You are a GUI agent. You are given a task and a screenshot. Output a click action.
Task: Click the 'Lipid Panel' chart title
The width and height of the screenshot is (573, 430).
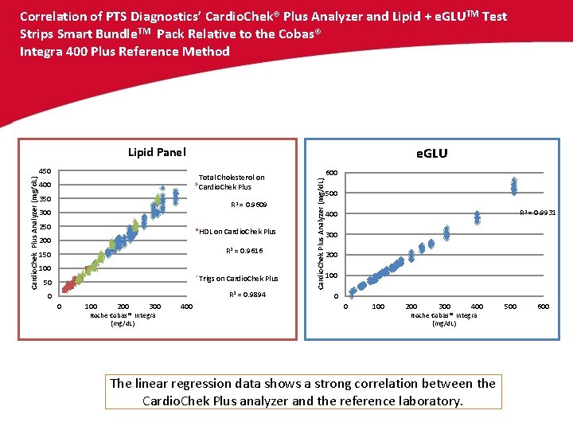pyautogui.click(x=157, y=152)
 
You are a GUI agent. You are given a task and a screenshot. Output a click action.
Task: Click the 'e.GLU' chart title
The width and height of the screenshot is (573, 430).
pyautogui.click(x=432, y=153)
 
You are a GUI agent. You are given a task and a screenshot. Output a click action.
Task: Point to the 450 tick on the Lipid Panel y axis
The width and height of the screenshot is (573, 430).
pyautogui.click(x=45, y=171)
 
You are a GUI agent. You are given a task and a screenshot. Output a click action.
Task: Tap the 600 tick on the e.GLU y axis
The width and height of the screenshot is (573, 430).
pyautogui.click(x=331, y=174)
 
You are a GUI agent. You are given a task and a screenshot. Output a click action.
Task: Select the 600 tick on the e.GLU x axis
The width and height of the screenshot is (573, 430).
pyautogui.click(x=544, y=307)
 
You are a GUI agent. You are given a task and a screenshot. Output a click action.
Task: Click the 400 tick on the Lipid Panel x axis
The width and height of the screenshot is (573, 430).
pyautogui.click(x=185, y=307)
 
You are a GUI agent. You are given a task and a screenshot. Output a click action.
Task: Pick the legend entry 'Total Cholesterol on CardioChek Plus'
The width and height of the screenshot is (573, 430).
pyautogui.click(x=231, y=182)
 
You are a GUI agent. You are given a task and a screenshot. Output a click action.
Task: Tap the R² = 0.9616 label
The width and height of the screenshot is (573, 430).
pyautogui.click(x=244, y=252)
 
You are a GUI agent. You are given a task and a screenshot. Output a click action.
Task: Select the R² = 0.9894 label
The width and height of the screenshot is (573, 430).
pyautogui.click(x=247, y=295)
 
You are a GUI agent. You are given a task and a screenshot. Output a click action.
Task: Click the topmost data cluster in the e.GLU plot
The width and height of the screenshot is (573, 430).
pyautogui.click(x=514, y=186)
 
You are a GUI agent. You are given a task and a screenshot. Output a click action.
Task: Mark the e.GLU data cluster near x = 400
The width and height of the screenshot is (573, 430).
pyautogui.click(x=477, y=217)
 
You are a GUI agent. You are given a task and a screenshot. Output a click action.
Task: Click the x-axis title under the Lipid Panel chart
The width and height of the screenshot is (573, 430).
pyautogui.click(x=123, y=319)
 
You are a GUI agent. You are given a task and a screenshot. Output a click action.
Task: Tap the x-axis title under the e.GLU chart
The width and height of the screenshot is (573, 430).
pyautogui.click(x=443, y=319)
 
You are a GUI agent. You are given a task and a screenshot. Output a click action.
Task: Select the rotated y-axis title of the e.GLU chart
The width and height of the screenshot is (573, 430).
pyautogui.click(x=320, y=231)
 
